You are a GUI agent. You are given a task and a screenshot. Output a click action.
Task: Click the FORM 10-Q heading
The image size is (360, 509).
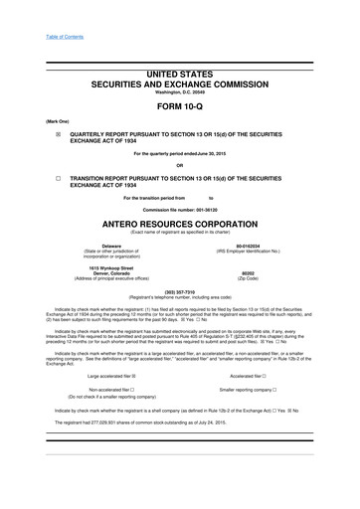click(x=179, y=110)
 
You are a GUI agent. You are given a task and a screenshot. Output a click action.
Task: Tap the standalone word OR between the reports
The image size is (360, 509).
click(x=179, y=165)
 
